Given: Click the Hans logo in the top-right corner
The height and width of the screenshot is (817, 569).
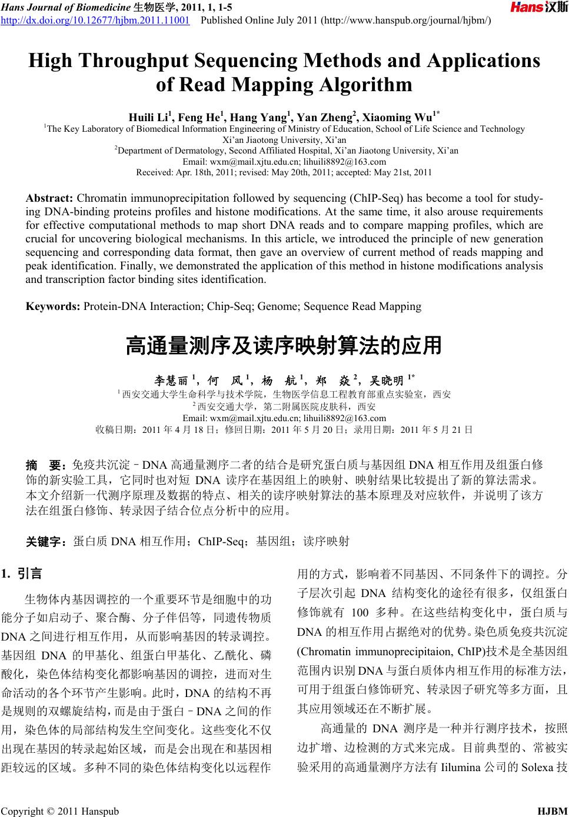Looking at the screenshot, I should point(538,8).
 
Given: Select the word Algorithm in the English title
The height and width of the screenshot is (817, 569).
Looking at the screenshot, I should point(365,85).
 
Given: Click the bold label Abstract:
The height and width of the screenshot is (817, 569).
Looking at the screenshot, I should point(49,198).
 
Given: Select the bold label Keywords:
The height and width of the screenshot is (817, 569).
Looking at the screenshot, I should point(53,306).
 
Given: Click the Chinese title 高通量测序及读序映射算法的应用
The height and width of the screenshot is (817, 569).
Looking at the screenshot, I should point(284,346).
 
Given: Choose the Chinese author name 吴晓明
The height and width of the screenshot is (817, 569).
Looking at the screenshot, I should point(387,381).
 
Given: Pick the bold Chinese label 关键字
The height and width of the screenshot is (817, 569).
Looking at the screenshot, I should point(46,541).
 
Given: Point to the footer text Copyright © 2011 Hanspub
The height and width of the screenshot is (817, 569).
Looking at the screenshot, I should point(60,812).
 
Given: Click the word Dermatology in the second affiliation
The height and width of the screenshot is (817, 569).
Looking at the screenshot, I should point(191,151).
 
